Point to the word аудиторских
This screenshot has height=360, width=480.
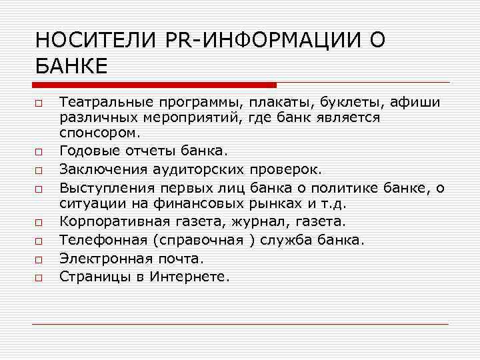click(x=195, y=164)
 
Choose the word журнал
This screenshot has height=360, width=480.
click(x=255, y=221)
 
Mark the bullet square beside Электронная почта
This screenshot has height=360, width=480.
click(x=40, y=258)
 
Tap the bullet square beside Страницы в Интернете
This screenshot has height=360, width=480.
click(x=40, y=275)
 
